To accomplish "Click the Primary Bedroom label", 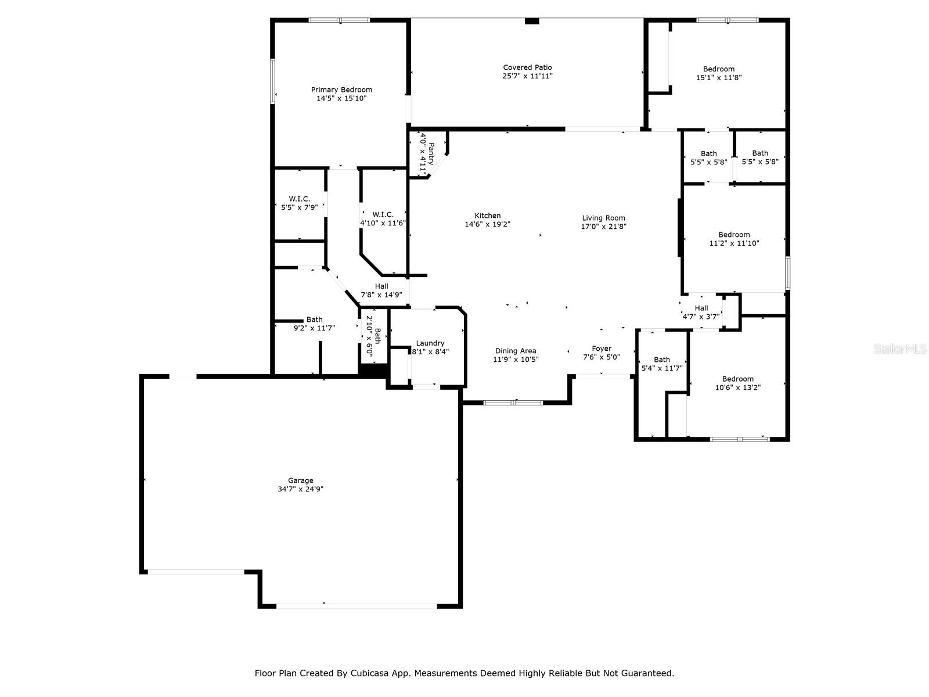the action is click(x=341, y=89).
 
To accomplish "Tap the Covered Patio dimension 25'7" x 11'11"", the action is click(x=527, y=76).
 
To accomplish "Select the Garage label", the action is click(x=300, y=480).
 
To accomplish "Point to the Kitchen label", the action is click(x=487, y=215).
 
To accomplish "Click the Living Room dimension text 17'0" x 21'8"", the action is click(x=603, y=227).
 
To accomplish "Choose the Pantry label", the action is click(x=431, y=153).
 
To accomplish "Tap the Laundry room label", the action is click(x=430, y=343).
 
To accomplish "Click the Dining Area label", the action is click(x=515, y=351).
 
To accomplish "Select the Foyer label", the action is click(x=601, y=348).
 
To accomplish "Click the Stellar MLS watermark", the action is click(x=900, y=348).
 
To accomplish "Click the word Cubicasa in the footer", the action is click(x=367, y=673).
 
